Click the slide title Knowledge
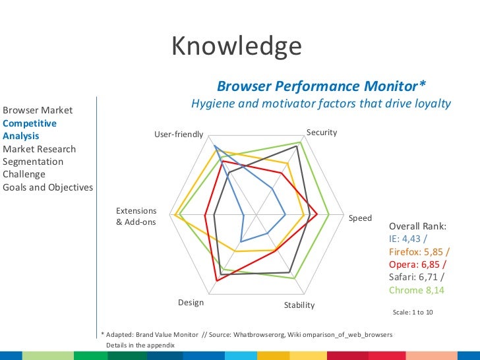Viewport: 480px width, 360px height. tap(236, 47)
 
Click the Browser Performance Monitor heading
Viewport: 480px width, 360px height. tap(321, 86)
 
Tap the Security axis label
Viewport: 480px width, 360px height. tap(322, 133)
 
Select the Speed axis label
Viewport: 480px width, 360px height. tap(360, 218)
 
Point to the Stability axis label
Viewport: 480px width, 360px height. tap(299, 305)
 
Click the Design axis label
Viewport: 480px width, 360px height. tap(191, 303)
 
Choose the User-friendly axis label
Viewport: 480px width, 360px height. tap(179, 135)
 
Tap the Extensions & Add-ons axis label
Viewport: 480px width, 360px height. tap(136, 216)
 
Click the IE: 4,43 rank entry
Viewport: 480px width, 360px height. tap(407, 239)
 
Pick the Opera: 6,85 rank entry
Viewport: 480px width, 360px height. tap(417, 264)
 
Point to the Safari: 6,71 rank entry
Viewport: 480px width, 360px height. tap(416, 277)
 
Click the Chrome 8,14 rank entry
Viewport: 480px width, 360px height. tap(416, 290)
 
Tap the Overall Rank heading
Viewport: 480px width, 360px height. tap(417, 226)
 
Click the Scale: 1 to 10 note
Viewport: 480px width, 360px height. tap(413, 312)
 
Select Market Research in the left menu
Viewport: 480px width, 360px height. tap(39, 149)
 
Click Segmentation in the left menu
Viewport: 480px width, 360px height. tap(33, 162)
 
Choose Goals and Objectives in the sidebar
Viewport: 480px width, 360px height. tap(47, 187)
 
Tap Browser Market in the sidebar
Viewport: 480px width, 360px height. tap(38, 110)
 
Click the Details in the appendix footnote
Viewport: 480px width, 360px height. tap(140, 345)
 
